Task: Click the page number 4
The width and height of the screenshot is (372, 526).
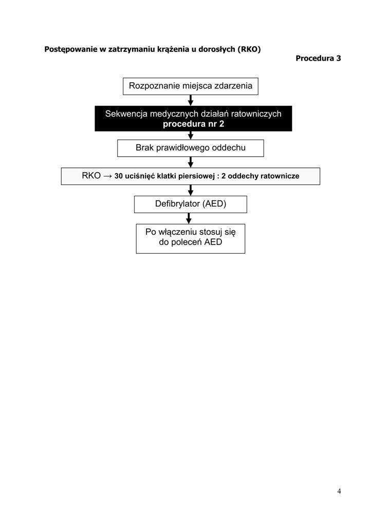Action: click(x=339, y=491)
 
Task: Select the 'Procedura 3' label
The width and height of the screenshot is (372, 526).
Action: click(x=318, y=59)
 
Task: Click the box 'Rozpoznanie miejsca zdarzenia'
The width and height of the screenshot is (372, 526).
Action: click(x=191, y=86)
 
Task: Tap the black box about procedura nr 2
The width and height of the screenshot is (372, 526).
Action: click(x=193, y=119)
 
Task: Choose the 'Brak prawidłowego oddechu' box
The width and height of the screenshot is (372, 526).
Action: click(x=191, y=148)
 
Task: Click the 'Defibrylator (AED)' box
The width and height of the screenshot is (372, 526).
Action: click(x=191, y=204)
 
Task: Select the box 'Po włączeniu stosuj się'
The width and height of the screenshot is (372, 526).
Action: click(x=191, y=238)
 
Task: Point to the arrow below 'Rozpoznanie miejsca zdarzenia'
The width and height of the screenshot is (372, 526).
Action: click(x=191, y=100)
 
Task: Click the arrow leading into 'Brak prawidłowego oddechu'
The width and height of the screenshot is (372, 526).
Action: click(x=191, y=136)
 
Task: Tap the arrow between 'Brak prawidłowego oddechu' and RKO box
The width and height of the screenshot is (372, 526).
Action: click(x=191, y=162)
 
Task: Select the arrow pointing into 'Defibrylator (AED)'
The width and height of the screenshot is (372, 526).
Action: click(x=191, y=190)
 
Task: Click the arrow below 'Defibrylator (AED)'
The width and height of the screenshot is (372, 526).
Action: click(x=189, y=218)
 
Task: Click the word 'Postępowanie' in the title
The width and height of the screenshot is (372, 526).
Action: click(x=71, y=49)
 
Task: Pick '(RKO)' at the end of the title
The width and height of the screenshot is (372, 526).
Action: click(x=249, y=49)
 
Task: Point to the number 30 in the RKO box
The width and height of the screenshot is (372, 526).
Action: click(x=119, y=176)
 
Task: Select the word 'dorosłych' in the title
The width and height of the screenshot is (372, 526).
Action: click(x=217, y=49)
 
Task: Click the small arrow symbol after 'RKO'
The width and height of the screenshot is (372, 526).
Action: click(x=108, y=176)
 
